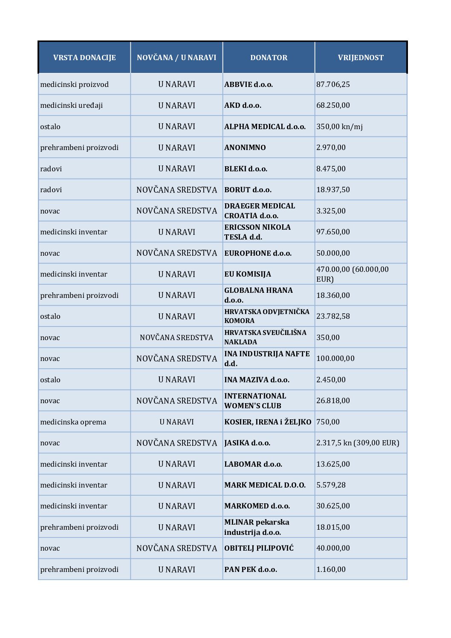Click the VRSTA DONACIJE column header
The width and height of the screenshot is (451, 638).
[x=84, y=58]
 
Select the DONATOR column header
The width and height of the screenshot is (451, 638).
[x=269, y=58]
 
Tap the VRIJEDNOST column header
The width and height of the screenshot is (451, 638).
[x=361, y=58]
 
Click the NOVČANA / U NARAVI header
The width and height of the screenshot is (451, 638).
[x=176, y=58]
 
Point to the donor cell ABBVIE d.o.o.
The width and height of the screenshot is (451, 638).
[x=249, y=84]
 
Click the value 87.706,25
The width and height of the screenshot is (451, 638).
[x=333, y=84]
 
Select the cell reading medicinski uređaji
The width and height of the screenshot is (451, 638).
[x=71, y=105]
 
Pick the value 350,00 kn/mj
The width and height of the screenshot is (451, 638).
[x=339, y=127]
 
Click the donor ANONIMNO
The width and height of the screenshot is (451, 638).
[x=245, y=147]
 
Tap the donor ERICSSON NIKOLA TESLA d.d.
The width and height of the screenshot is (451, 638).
[x=257, y=232]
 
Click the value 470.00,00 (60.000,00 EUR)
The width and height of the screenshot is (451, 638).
[x=352, y=274]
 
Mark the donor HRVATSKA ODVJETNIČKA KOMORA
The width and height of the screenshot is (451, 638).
[x=266, y=316]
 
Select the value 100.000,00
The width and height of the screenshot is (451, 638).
[x=335, y=358]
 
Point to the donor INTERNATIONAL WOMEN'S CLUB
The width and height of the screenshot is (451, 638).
[x=255, y=401]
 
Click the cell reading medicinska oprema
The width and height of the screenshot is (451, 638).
[x=73, y=422]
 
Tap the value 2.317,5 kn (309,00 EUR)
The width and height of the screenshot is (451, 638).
[x=358, y=443]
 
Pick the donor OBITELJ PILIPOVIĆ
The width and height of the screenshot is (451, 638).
[x=259, y=548]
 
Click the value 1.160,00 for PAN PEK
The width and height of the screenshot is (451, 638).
[x=331, y=569]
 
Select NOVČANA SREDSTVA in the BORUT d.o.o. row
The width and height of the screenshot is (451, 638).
[x=176, y=190]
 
